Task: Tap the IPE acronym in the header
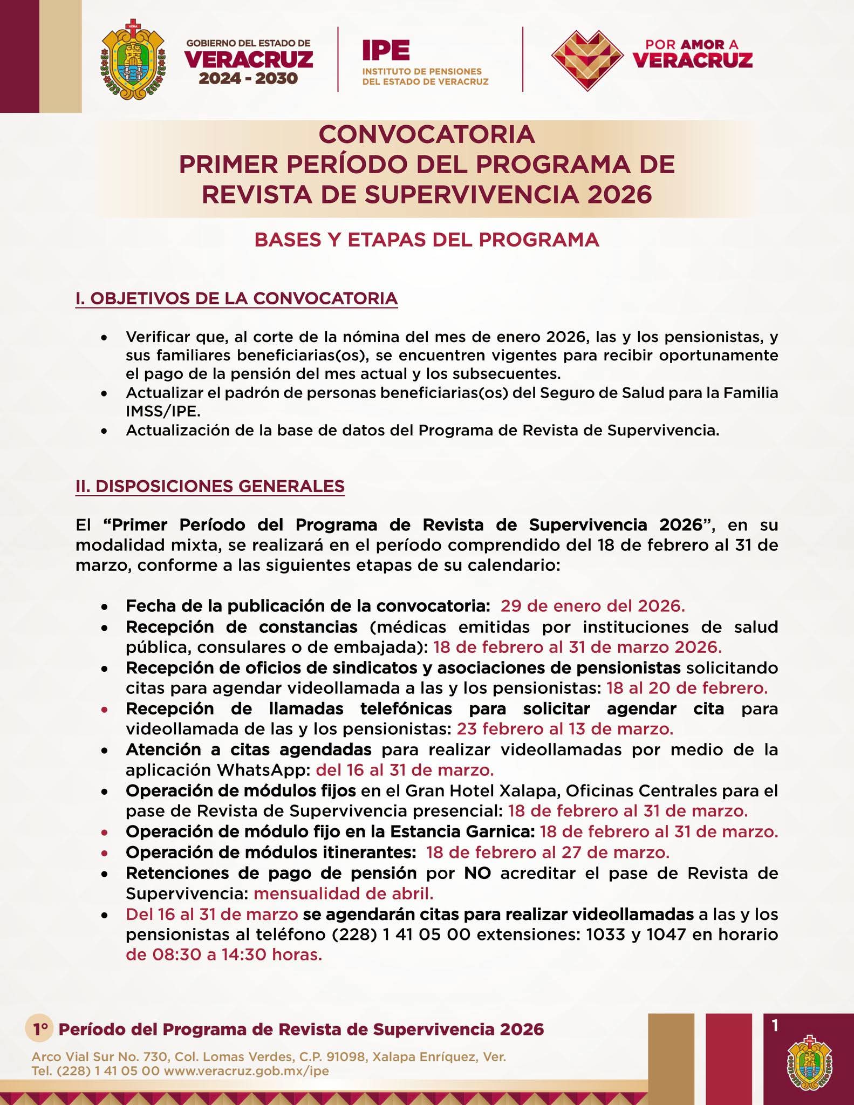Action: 386,51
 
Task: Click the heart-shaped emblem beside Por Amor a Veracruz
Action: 586,59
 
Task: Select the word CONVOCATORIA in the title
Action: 427,134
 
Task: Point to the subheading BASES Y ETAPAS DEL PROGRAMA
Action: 427,240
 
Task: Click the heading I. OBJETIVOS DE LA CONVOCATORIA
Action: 236,298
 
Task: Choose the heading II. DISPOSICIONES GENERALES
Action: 210,486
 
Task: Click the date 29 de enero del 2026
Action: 592,606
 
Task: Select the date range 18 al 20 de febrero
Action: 687,688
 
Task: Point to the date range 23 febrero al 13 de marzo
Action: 565,729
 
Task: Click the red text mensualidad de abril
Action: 343,893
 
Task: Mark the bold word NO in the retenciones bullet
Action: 477,873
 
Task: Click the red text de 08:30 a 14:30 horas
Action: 224,954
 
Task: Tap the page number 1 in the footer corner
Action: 775,1026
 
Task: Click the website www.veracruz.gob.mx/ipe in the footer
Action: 245,1071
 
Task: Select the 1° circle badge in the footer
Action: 39,1029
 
